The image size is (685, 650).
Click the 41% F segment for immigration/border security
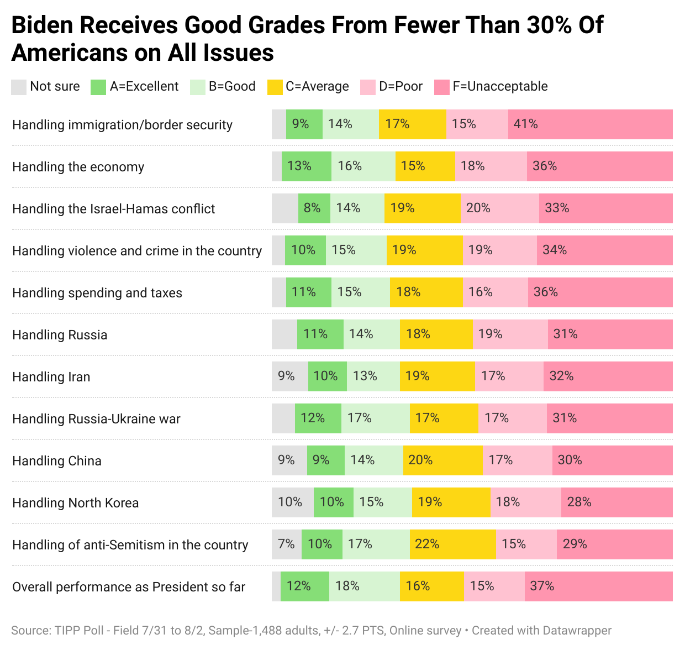pyautogui.click(x=590, y=124)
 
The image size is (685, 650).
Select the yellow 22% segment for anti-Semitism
pyautogui.click(x=452, y=544)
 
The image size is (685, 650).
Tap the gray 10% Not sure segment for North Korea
pyautogui.click(x=292, y=502)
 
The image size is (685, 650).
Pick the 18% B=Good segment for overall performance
pyautogui.click(x=364, y=586)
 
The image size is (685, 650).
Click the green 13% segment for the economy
pyautogui.click(x=306, y=166)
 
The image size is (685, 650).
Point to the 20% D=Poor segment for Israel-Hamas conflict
pyautogui.click(x=499, y=208)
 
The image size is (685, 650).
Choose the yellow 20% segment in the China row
pyautogui.click(x=442, y=460)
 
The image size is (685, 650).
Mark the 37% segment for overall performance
pyautogui.click(x=598, y=586)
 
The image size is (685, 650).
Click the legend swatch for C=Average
pyautogui.click(x=275, y=87)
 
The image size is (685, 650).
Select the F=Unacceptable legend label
pyautogui.click(x=500, y=87)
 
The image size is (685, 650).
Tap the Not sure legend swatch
pyautogui.click(x=19, y=87)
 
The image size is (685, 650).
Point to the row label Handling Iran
pyautogui.click(x=51, y=377)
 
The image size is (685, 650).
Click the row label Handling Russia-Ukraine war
pyautogui.click(x=96, y=419)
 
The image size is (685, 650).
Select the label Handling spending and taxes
pyautogui.click(x=97, y=293)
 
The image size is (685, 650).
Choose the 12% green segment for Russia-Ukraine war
pyautogui.click(x=318, y=418)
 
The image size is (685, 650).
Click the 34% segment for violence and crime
pyautogui.click(x=604, y=250)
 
